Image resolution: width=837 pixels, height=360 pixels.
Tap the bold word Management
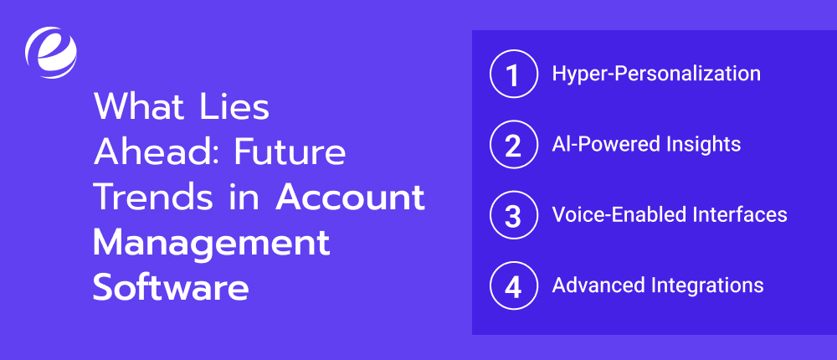[211, 243]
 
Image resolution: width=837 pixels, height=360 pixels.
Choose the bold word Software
[171, 287]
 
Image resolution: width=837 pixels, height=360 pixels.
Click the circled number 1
[512, 74]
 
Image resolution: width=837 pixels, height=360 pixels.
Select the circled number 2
[512, 145]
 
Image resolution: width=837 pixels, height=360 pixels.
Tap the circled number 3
[512, 215]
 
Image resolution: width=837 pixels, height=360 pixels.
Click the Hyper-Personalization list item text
[656, 74]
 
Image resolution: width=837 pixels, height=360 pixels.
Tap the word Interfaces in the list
[738, 215]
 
